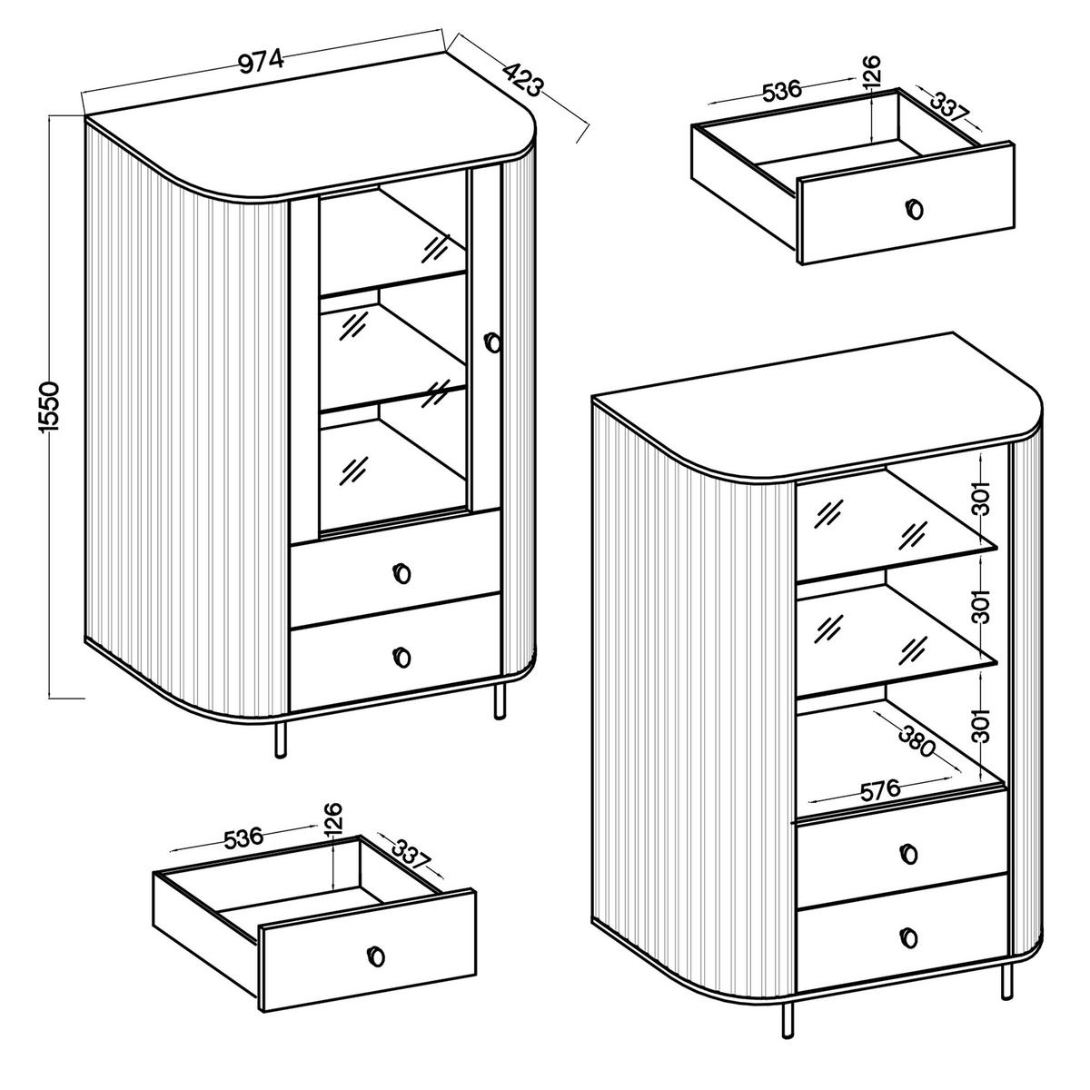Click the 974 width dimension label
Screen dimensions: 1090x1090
[x=262, y=61]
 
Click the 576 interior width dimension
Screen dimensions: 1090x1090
[x=879, y=789]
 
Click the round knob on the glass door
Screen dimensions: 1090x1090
[x=493, y=342]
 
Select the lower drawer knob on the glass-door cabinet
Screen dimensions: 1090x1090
[x=402, y=656]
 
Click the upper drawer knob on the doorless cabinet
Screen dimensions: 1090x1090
[x=908, y=853]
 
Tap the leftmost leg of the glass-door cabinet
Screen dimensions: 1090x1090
[x=280, y=739]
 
